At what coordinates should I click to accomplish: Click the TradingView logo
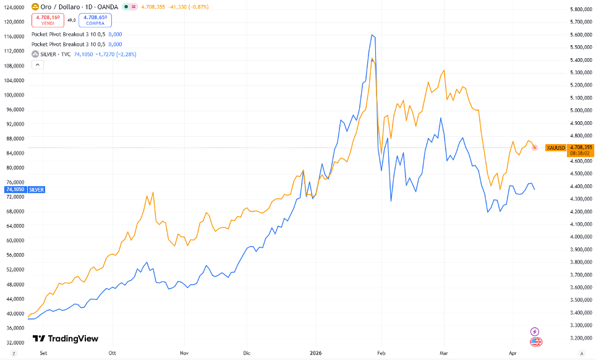point(66,338)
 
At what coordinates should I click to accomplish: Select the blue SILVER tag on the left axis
point(33,189)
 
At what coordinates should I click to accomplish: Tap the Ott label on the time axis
point(113,352)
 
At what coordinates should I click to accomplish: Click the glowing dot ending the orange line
point(535,147)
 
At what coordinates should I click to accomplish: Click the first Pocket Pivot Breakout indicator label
point(68,35)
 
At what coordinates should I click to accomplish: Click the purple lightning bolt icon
point(535,332)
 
